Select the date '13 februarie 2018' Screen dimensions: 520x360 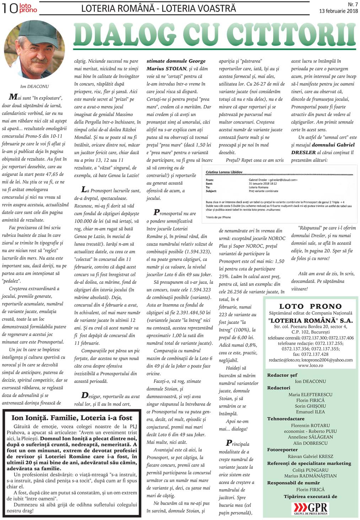[338, 11]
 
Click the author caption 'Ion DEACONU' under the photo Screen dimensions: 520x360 [34, 86]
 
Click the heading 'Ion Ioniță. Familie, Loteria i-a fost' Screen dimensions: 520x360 [72, 418]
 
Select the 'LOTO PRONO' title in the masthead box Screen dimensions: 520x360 [310, 306]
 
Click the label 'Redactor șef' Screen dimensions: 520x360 [282, 375]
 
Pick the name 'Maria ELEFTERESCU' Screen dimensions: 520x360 [310, 394]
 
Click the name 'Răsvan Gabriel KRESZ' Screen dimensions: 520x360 [310, 456]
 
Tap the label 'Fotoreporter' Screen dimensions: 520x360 [282, 450]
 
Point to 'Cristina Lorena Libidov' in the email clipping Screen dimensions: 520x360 [224, 172]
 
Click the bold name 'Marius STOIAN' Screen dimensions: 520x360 [166, 69]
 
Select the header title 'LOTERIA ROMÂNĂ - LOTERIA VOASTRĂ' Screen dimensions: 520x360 [158, 8]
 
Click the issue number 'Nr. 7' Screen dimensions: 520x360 [352, 5]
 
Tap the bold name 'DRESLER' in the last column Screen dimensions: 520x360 [303, 152]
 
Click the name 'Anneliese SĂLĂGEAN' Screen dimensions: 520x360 [310, 437]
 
